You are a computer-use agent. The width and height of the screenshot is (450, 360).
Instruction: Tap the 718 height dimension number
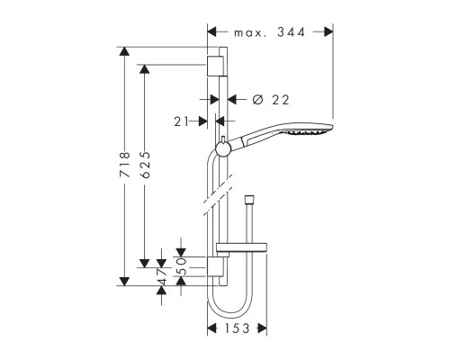click(x=125, y=166)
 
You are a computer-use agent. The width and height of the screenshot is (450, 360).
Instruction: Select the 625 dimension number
click(x=146, y=166)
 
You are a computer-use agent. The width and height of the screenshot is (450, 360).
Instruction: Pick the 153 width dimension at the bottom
click(x=237, y=329)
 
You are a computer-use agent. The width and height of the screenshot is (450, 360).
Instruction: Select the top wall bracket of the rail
click(x=215, y=66)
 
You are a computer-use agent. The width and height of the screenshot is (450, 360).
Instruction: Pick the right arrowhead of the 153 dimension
click(x=262, y=329)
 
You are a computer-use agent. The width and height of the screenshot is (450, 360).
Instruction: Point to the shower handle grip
click(x=251, y=138)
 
